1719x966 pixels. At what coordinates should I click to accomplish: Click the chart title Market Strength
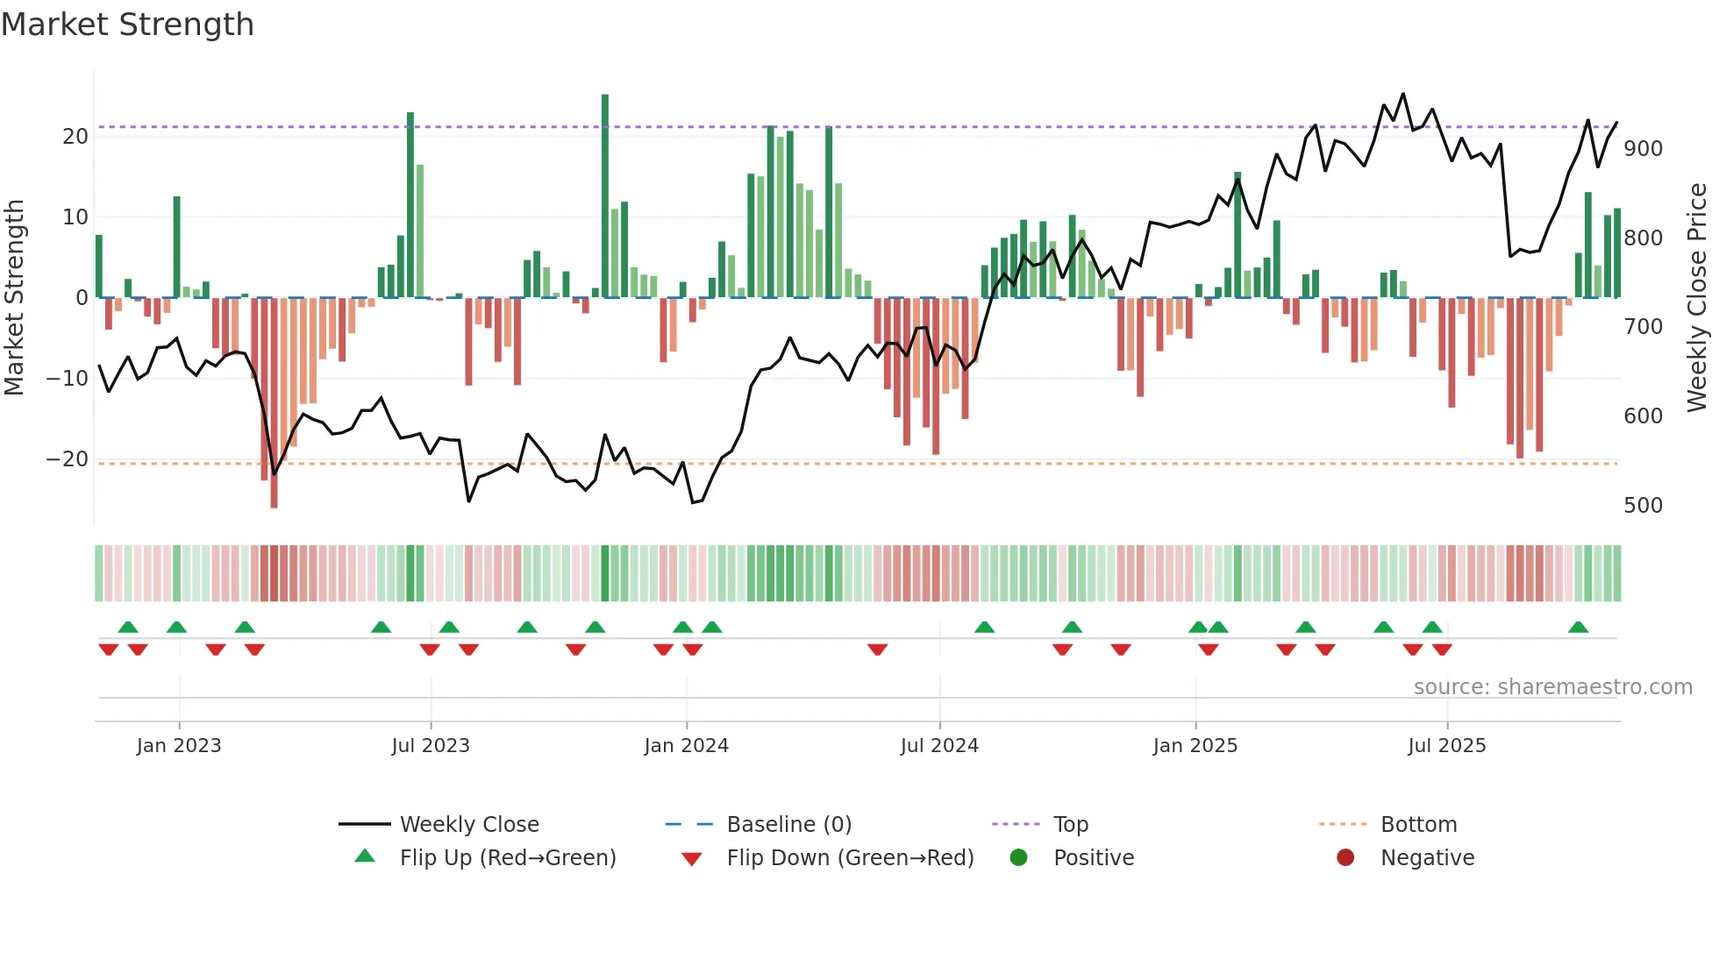coord(128,25)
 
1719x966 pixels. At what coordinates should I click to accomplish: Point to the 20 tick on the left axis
coord(75,137)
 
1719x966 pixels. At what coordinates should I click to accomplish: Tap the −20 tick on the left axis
coord(68,459)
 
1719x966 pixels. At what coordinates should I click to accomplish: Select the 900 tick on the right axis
coord(1643,149)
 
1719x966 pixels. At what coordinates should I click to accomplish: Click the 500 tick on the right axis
coord(1643,506)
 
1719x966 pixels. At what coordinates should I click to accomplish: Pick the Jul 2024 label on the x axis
coord(939,746)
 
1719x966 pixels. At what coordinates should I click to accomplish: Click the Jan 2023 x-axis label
coord(179,746)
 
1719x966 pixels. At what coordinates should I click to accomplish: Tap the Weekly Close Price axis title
coord(1697,298)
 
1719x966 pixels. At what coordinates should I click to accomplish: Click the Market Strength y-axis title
coord(15,298)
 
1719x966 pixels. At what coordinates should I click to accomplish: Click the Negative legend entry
coord(1427,858)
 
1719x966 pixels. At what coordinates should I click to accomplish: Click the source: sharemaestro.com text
coord(1552,687)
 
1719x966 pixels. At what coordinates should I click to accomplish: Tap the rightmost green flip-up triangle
coord(1578,628)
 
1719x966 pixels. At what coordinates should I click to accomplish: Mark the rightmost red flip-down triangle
coord(1442,650)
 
